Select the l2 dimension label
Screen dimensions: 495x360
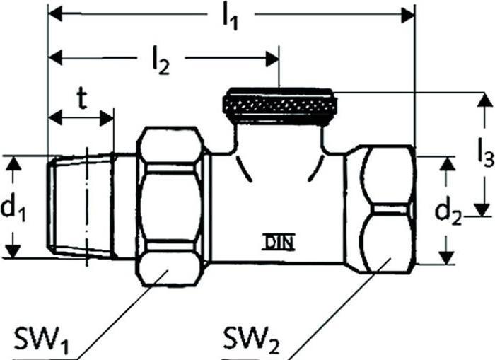[x=161, y=62]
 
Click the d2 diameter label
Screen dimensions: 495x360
[x=448, y=212]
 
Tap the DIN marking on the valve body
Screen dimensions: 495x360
[x=279, y=242]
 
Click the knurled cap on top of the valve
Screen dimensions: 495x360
[x=280, y=105]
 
